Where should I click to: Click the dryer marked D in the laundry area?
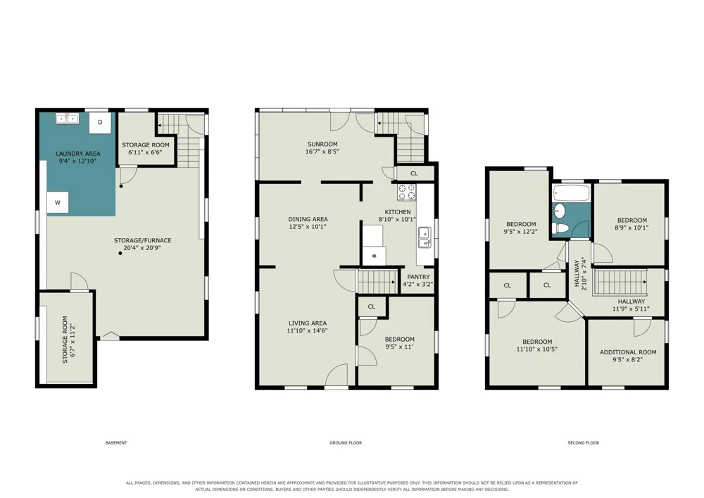click(100, 122)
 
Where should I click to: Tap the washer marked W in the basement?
click(58, 202)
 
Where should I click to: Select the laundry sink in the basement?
click(67, 118)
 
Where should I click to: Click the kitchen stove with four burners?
click(406, 192)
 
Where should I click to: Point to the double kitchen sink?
click(425, 237)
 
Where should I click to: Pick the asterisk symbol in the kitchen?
click(374, 256)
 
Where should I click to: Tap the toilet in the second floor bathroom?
click(560, 228)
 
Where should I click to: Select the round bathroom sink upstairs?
click(560, 210)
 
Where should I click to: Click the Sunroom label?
click(322, 144)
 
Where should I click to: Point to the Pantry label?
click(418, 277)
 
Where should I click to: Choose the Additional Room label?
click(628, 352)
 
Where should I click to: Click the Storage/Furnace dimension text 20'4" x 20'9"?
click(142, 248)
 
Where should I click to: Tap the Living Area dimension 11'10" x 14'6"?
click(308, 330)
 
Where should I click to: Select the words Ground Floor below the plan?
click(346, 443)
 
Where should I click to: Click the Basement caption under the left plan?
click(116, 443)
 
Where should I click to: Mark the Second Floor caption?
click(583, 443)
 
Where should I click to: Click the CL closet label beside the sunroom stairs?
click(414, 173)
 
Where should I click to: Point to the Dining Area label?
click(308, 219)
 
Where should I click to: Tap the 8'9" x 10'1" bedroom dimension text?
click(631, 228)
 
